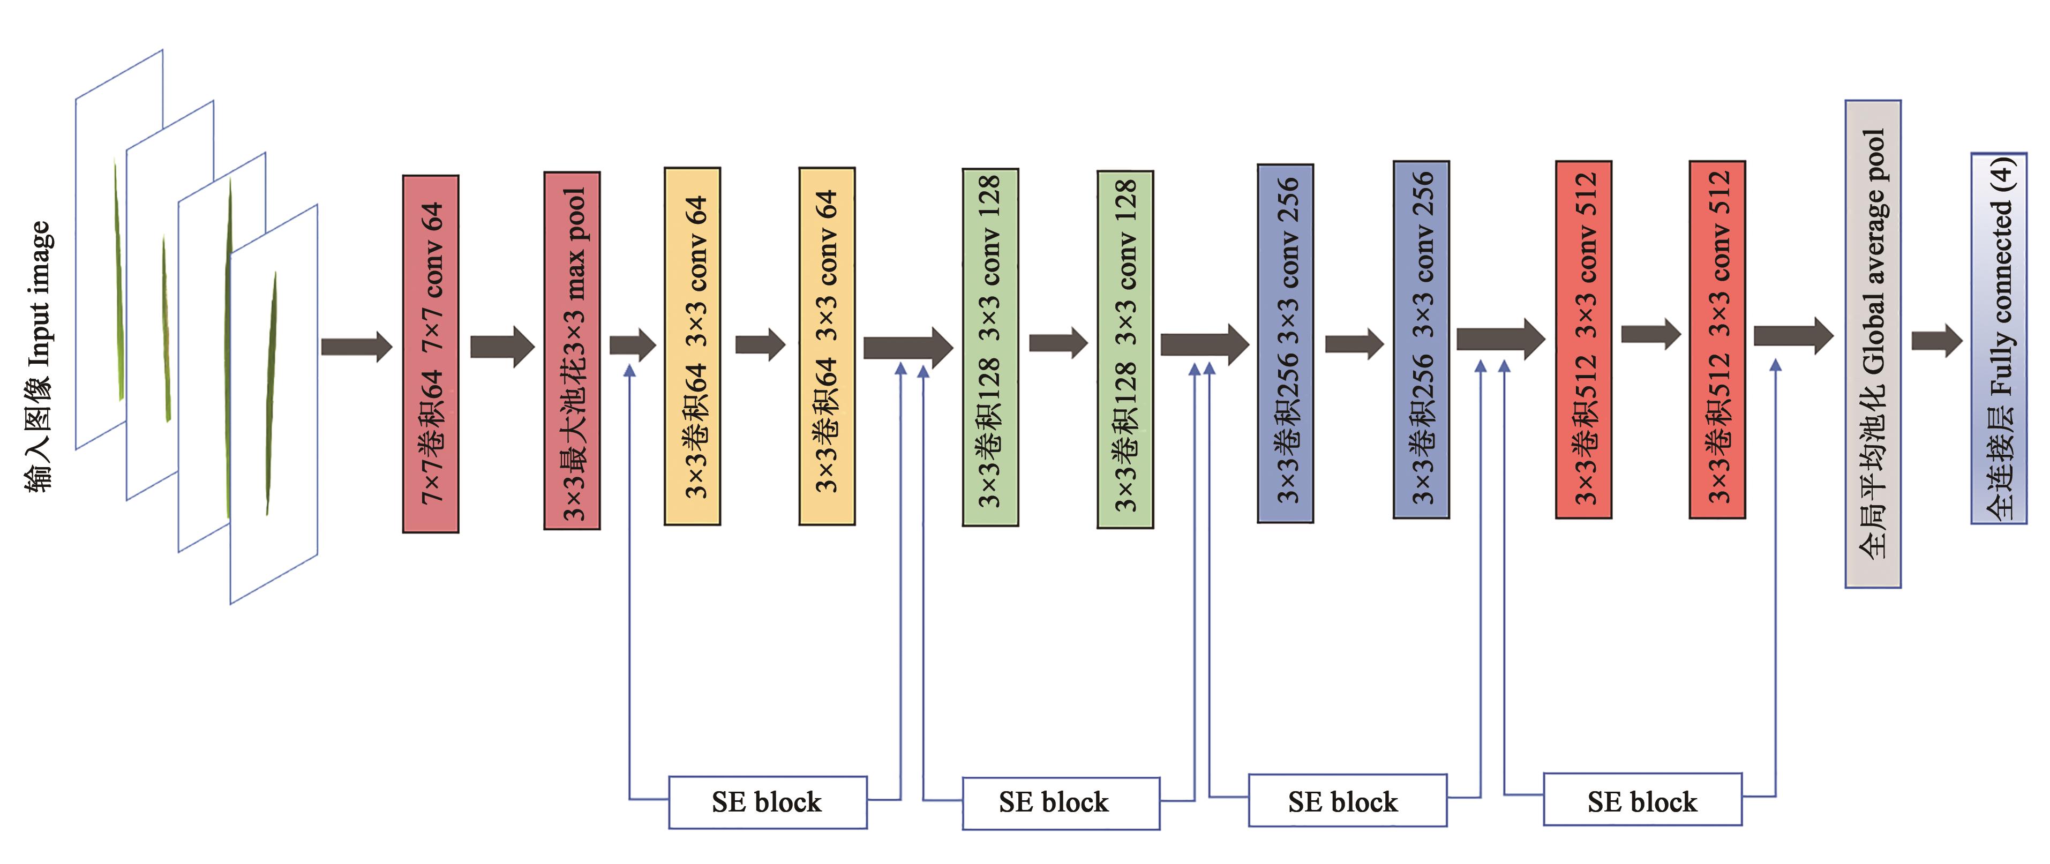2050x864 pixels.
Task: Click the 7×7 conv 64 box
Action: point(431,354)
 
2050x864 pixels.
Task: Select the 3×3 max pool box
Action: point(572,351)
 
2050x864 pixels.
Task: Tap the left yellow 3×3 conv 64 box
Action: point(693,346)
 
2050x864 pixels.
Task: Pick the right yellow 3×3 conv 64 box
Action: point(827,346)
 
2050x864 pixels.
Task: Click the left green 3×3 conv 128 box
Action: point(990,347)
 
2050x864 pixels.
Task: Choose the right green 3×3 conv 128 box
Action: point(1124,349)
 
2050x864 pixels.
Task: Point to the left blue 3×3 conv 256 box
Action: point(1285,344)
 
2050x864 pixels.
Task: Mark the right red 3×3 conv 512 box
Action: point(1717,340)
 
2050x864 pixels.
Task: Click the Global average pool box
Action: point(1873,344)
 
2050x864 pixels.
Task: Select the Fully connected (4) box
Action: point(1998,338)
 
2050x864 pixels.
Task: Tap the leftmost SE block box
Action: point(767,802)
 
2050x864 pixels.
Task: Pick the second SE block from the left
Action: point(1061,803)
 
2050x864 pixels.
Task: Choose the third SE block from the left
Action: point(1347,800)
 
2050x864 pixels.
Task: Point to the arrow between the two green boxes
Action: point(1057,343)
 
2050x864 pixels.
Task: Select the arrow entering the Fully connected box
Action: point(1937,341)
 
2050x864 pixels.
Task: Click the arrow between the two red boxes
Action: point(1650,334)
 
